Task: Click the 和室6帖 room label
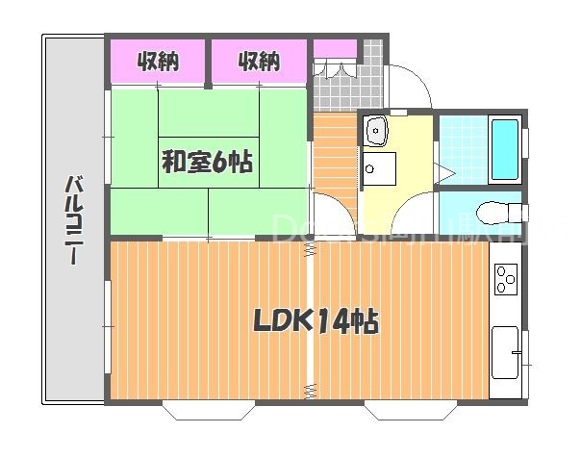click(206, 163)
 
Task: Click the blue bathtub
click(505, 148)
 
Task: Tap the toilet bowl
click(496, 210)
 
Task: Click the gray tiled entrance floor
click(337, 89)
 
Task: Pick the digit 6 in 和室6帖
click(219, 163)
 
